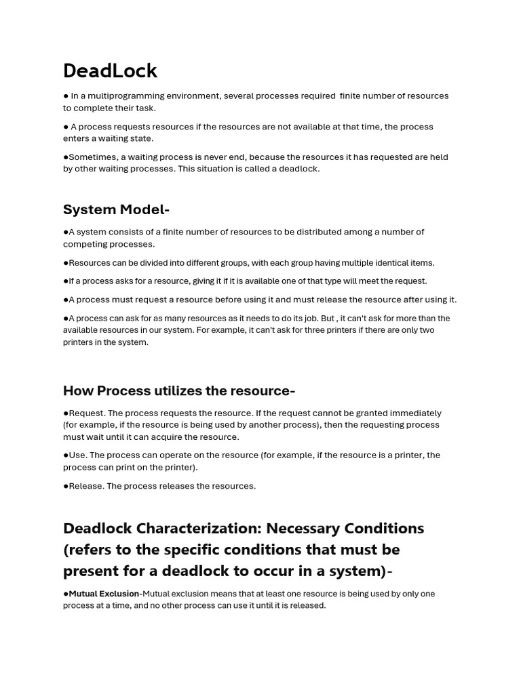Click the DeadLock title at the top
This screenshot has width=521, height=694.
coord(110,70)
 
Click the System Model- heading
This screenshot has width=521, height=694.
coord(116,209)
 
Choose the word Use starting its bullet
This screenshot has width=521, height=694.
coord(77,455)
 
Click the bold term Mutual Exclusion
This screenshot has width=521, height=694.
coord(104,594)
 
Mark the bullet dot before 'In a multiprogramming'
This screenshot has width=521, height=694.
coord(66,96)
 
